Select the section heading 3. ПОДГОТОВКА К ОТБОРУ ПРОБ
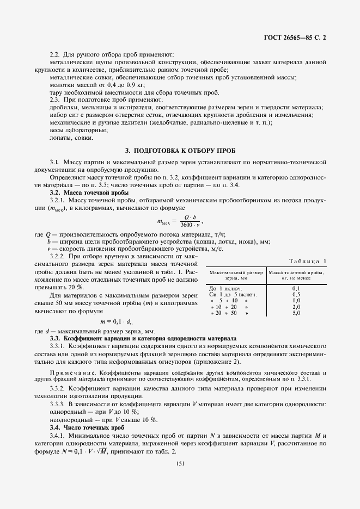tap(180, 150)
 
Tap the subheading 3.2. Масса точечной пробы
tap(89, 193)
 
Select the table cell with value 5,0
tap(296, 313)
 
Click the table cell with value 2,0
tap(296, 307)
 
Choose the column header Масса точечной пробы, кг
tap(296, 274)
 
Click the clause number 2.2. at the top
tap(56, 54)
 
